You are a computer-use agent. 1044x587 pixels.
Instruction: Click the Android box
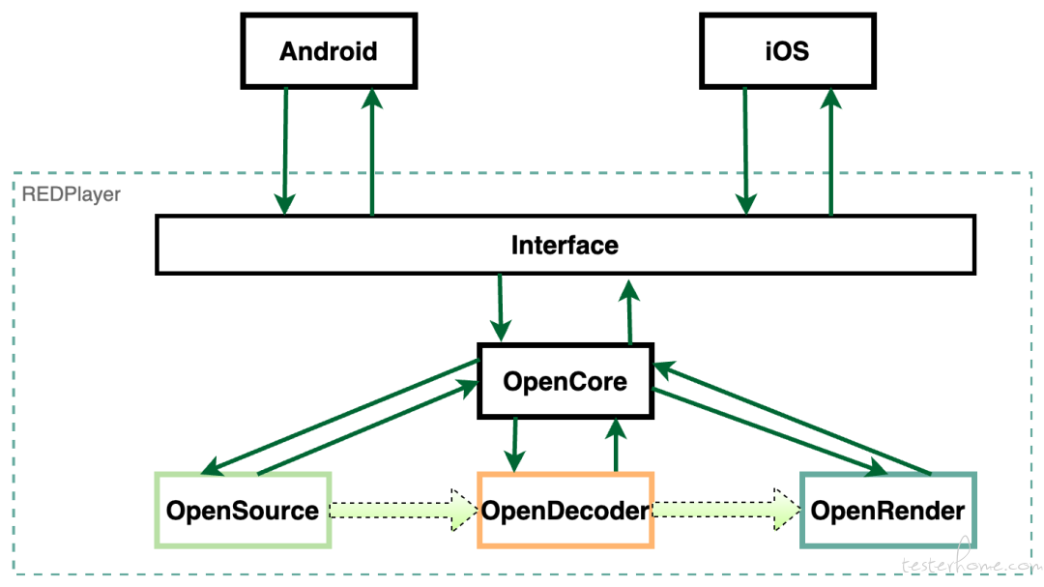click(329, 50)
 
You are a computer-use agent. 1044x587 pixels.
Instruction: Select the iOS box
click(788, 50)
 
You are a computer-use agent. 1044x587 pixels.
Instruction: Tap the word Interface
click(565, 246)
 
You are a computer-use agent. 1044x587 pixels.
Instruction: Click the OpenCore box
click(565, 381)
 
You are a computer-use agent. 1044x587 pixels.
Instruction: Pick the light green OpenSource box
click(243, 511)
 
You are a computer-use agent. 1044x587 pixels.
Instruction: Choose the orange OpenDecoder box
click(565, 511)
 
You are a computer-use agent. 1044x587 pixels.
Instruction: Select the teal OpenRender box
click(888, 511)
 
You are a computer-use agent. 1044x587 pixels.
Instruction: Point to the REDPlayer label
click(72, 194)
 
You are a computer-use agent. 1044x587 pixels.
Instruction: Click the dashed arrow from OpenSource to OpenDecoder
click(404, 511)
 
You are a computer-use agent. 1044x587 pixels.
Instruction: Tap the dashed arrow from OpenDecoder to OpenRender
click(726, 511)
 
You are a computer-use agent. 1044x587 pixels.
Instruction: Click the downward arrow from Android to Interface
click(285, 151)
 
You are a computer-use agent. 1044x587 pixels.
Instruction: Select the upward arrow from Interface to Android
click(371, 152)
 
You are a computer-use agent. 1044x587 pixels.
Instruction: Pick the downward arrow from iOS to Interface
click(745, 151)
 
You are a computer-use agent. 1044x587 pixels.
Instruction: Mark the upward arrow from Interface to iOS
click(831, 152)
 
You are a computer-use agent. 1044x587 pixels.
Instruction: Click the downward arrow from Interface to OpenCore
click(500, 308)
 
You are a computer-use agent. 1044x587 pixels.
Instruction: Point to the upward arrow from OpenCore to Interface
click(629, 311)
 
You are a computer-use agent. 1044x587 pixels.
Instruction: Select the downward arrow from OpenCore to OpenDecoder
click(514, 445)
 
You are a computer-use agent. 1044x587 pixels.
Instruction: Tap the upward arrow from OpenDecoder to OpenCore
click(616, 445)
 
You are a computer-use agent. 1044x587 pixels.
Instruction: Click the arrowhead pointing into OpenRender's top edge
click(874, 467)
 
